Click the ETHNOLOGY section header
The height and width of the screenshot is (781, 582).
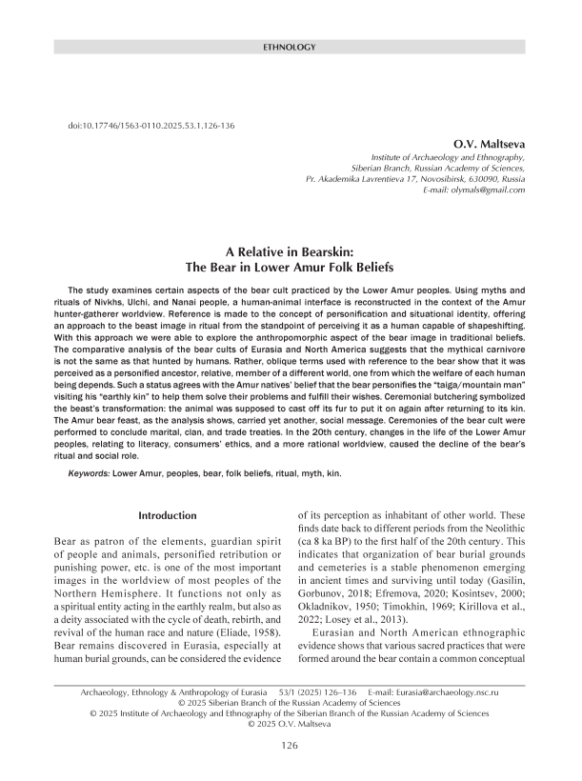point(291,45)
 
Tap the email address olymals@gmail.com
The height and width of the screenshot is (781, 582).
point(482,191)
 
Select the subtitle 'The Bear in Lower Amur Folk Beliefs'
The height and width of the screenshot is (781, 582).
point(291,270)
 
